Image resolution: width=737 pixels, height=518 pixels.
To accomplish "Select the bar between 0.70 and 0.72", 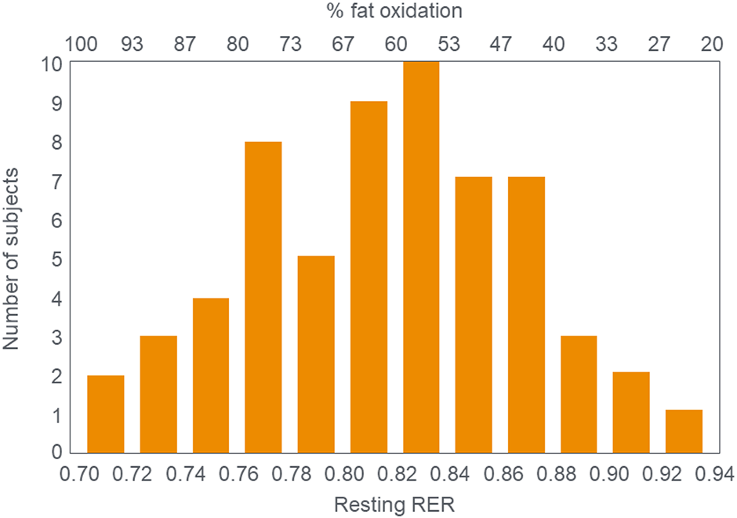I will pyautogui.click(x=106, y=414).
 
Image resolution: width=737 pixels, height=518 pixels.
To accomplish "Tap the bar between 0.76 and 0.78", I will pyautogui.click(x=263, y=297).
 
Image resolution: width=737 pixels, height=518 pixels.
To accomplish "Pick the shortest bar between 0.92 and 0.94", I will pyautogui.click(x=684, y=431).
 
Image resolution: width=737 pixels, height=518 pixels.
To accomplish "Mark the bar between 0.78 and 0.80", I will pyautogui.click(x=316, y=354).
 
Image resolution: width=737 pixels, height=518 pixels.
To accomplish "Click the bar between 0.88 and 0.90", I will pyautogui.click(x=579, y=394).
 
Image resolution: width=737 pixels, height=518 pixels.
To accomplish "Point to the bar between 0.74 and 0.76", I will pyautogui.click(x=211, y=375).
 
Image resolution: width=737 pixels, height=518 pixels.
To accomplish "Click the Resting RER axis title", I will pyautogui.click(x=394, y=505).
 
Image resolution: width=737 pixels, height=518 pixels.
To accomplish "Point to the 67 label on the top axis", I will pyautogui.click(x=343, y=44).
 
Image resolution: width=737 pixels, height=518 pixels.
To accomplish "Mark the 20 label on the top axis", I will pyautogui.click(x=711, y=44).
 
